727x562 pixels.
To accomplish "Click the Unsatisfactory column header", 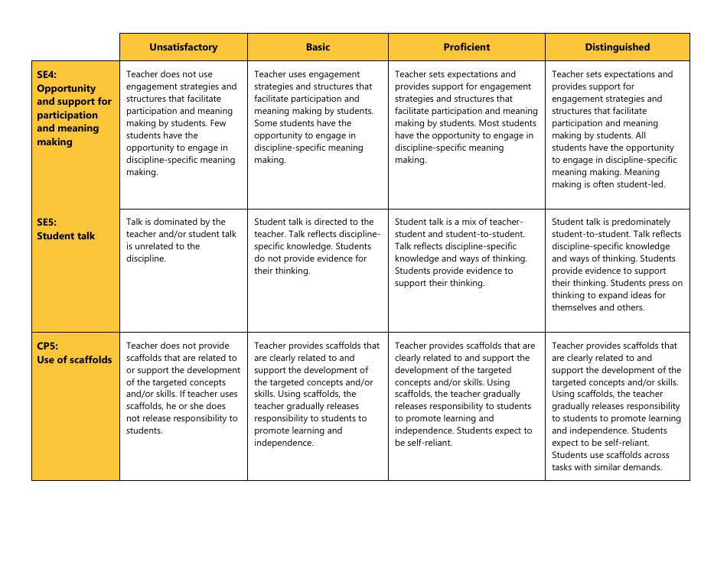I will pos(184,47).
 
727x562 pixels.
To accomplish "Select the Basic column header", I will pos(318,47).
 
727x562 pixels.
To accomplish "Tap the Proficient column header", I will pos(467,47).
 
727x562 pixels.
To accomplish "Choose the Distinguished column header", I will pos(618,47).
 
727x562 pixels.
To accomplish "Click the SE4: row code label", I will pos(47,75).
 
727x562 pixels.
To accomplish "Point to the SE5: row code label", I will pos(47,223).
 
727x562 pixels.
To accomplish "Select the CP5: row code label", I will pos(47,346).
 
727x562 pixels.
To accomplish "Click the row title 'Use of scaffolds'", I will pos(74,359).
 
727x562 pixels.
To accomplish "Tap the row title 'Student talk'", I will pos(66,236).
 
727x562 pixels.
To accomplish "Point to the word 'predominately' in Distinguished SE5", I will pos(640,222).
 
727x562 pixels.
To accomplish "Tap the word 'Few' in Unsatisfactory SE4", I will pos(218,123).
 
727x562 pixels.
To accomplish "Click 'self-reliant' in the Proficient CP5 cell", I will pos(429,443).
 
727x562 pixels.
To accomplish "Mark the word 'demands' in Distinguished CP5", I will pos(641,467).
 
